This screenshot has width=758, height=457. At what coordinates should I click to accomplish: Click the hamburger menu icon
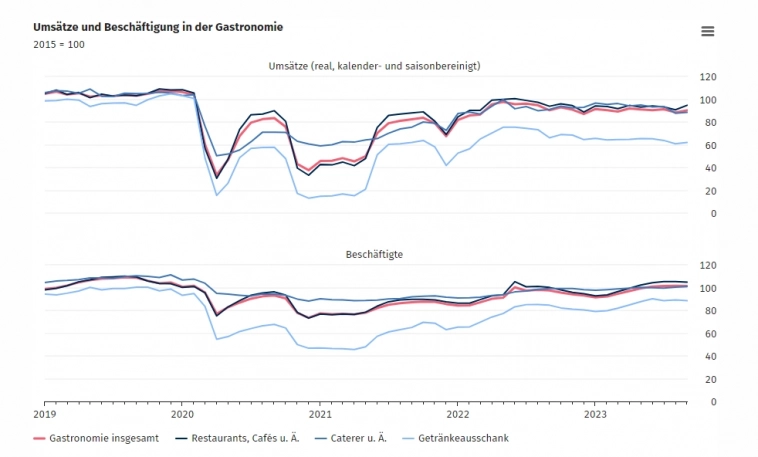(x=708, y=31)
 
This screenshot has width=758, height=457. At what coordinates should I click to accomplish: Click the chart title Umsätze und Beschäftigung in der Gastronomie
(x=157, y=26)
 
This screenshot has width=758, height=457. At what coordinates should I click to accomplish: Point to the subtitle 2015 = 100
(x=59, y=45)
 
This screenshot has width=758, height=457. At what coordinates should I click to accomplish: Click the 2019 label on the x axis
(x=45, y=413)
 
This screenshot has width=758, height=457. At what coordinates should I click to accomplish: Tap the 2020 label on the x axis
(x=183, y=413)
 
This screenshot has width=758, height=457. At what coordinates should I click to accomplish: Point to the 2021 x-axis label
(x=320, y=413)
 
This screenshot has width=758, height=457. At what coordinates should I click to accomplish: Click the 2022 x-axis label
(x=457, y=413)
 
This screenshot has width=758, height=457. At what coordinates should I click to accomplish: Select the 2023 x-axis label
(x=595, y=413)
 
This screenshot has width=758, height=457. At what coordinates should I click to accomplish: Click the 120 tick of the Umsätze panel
(x=708, y=77)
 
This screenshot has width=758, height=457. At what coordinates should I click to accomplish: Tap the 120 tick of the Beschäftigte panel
(x=708, y=265)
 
